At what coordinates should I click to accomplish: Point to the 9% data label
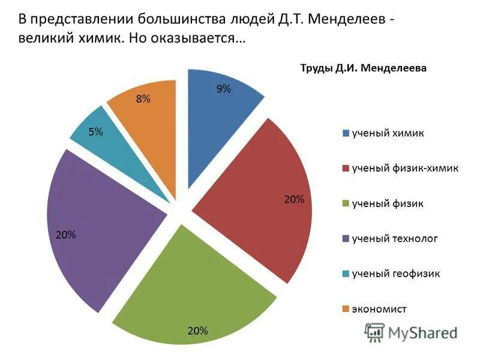(223, 89)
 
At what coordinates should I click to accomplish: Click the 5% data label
(95, 132)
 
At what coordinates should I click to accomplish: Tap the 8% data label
(143, 99)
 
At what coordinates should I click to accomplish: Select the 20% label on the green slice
(197, 331)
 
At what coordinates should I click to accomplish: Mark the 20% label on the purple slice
(65, 235)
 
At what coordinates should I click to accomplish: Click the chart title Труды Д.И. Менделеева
(363, 68)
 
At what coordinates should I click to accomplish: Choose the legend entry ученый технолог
(394, 239)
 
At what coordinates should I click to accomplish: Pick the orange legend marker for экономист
(346, 309)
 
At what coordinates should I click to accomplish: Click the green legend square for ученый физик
(346, 204)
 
